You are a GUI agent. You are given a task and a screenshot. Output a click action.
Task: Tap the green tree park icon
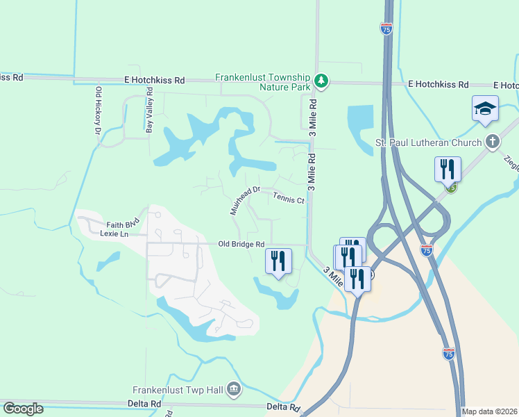click(321, 81)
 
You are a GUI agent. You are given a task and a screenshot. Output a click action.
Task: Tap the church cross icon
click(492, 142)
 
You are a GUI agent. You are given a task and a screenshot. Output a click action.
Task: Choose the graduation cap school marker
click(485, 109)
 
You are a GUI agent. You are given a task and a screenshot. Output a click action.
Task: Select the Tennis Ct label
click(288, 198)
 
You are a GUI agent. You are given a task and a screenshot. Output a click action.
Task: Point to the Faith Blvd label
click(123, 224)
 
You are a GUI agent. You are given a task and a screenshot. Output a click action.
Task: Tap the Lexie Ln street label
click(114, 234)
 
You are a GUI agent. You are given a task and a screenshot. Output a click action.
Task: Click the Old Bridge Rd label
click(241, 244)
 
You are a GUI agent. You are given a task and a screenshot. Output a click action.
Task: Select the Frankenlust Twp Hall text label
click(178, 389)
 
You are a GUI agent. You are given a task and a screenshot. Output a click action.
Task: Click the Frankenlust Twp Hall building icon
click(233, 389)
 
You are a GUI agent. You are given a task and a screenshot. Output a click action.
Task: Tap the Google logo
click(23, 409)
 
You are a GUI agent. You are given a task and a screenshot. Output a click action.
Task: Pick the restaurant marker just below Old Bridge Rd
click(279, 261)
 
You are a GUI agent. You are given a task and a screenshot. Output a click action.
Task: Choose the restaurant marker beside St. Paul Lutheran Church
click(448, 169)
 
